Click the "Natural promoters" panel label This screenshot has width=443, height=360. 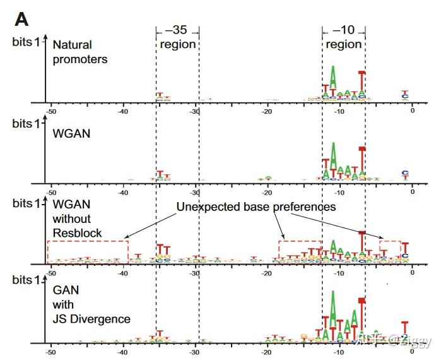click(80, 52)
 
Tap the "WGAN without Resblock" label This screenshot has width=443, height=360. click(77, 219)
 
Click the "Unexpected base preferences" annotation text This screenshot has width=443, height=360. click(256, 207)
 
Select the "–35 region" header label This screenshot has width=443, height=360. click(177, 38)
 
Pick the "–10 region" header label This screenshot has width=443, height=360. click(343, 38)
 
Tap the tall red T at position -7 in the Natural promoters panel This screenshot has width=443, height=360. click(362, 82)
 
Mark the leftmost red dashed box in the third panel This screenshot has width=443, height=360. click(88, 250)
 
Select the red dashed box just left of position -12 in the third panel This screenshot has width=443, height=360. click(300, 249)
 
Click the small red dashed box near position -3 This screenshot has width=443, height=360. click(390, 248)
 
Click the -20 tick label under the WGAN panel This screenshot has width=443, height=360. click(267, 191)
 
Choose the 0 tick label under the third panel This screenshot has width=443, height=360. click(412, 273)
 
